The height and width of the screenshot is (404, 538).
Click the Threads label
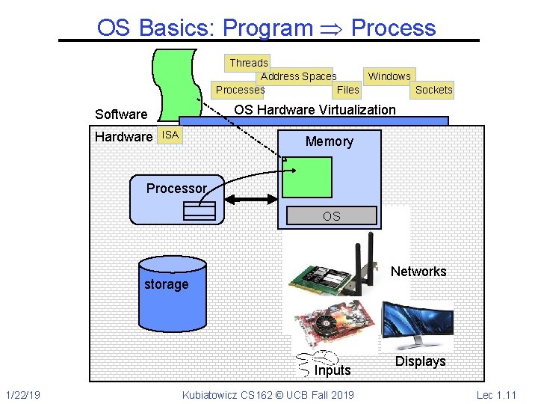click(x=248, y=63)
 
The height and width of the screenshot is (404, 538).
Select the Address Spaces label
click(x=298, y=76)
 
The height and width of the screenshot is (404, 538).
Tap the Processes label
click(x=239, y=90)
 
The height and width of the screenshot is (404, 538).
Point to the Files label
click(x=348, y=90)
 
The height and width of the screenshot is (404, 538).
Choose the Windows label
click(x=389, y=76)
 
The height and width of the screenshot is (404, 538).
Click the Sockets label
click(x=433, y=90)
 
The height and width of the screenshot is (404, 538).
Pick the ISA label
click(x=170, y=135)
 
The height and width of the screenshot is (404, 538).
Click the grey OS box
click(x=331, y=216)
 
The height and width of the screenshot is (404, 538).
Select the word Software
click(x=121, y=114)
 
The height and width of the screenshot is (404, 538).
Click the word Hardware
click(x=123, y=137)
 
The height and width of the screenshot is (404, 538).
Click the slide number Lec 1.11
click(x=495, y=394)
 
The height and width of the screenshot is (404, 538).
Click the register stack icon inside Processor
click(x=199, y=211)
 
